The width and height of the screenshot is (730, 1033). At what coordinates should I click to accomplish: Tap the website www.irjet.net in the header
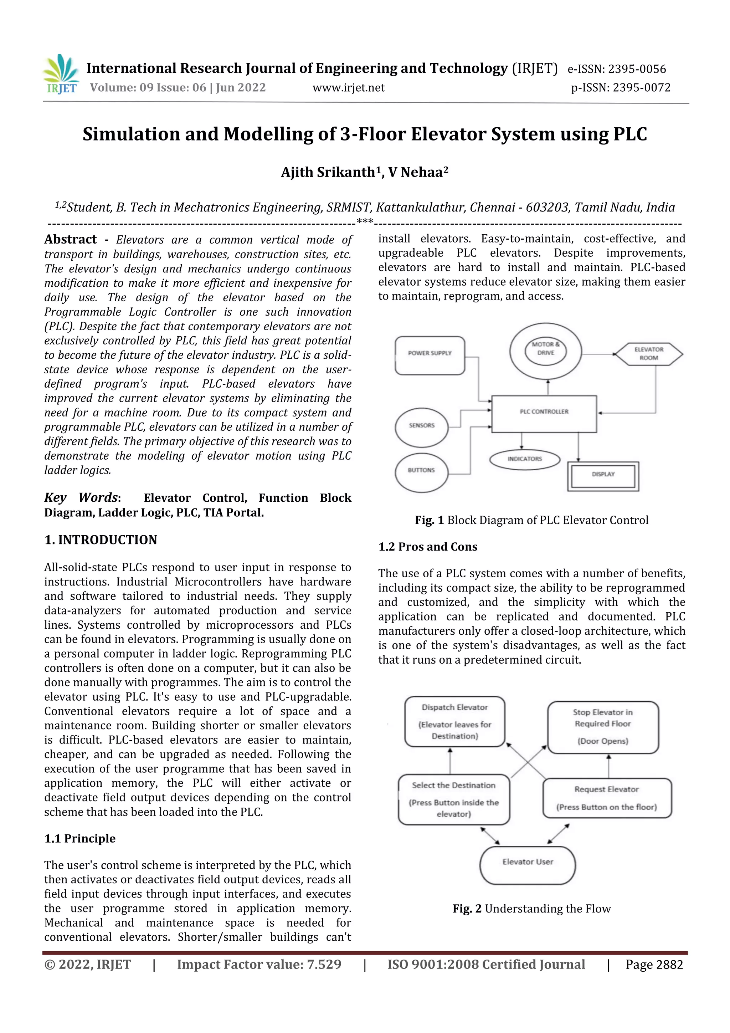tap(349, 88)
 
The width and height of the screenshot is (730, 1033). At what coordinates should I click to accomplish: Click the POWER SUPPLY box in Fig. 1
tap(430, 355)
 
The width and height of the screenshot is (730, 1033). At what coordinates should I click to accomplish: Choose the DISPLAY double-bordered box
tap(603, 476)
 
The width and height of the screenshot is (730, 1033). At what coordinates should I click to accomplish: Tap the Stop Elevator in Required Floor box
tap(603, 727)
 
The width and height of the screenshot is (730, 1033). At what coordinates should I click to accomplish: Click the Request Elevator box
tap(606, 798)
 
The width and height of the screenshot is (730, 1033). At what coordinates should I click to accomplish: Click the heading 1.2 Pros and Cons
tap(427, 547)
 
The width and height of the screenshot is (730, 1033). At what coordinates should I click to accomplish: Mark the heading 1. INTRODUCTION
tap(101, 540)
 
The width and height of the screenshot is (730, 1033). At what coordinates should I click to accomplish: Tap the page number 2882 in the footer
tap(669, 965)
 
